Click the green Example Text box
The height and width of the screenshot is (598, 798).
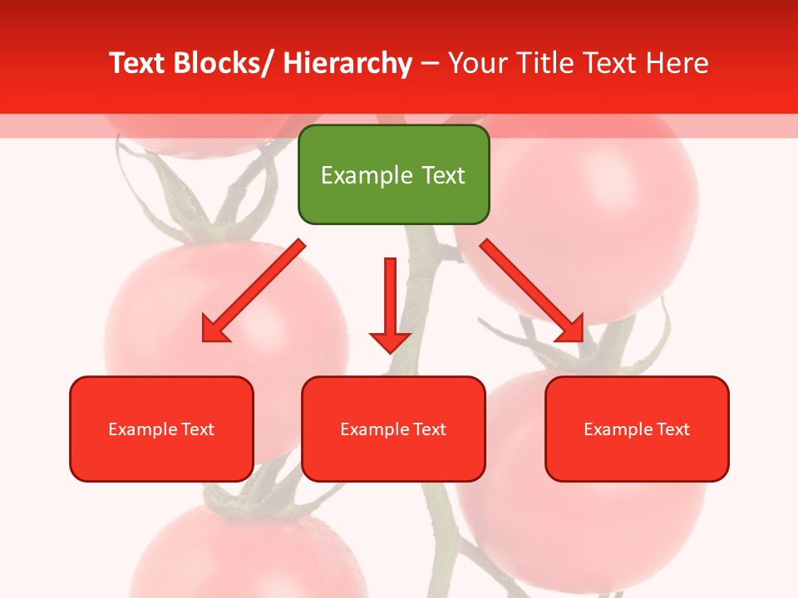click(x=393, y=174)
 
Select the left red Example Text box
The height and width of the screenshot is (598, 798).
click(x=161, y=429)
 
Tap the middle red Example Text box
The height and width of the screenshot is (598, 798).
click(x=393, y=429)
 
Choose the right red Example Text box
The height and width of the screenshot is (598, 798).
click(x=637, y=429)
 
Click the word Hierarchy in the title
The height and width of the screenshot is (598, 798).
click(x=347, y=63)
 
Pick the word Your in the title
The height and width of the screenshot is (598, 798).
click(x=477, y=63)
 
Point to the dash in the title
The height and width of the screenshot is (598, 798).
click(x=430, y=63)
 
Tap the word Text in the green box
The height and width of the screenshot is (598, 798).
click(x=441, y=175)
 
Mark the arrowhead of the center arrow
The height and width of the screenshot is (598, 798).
click(x=390, y=341)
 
